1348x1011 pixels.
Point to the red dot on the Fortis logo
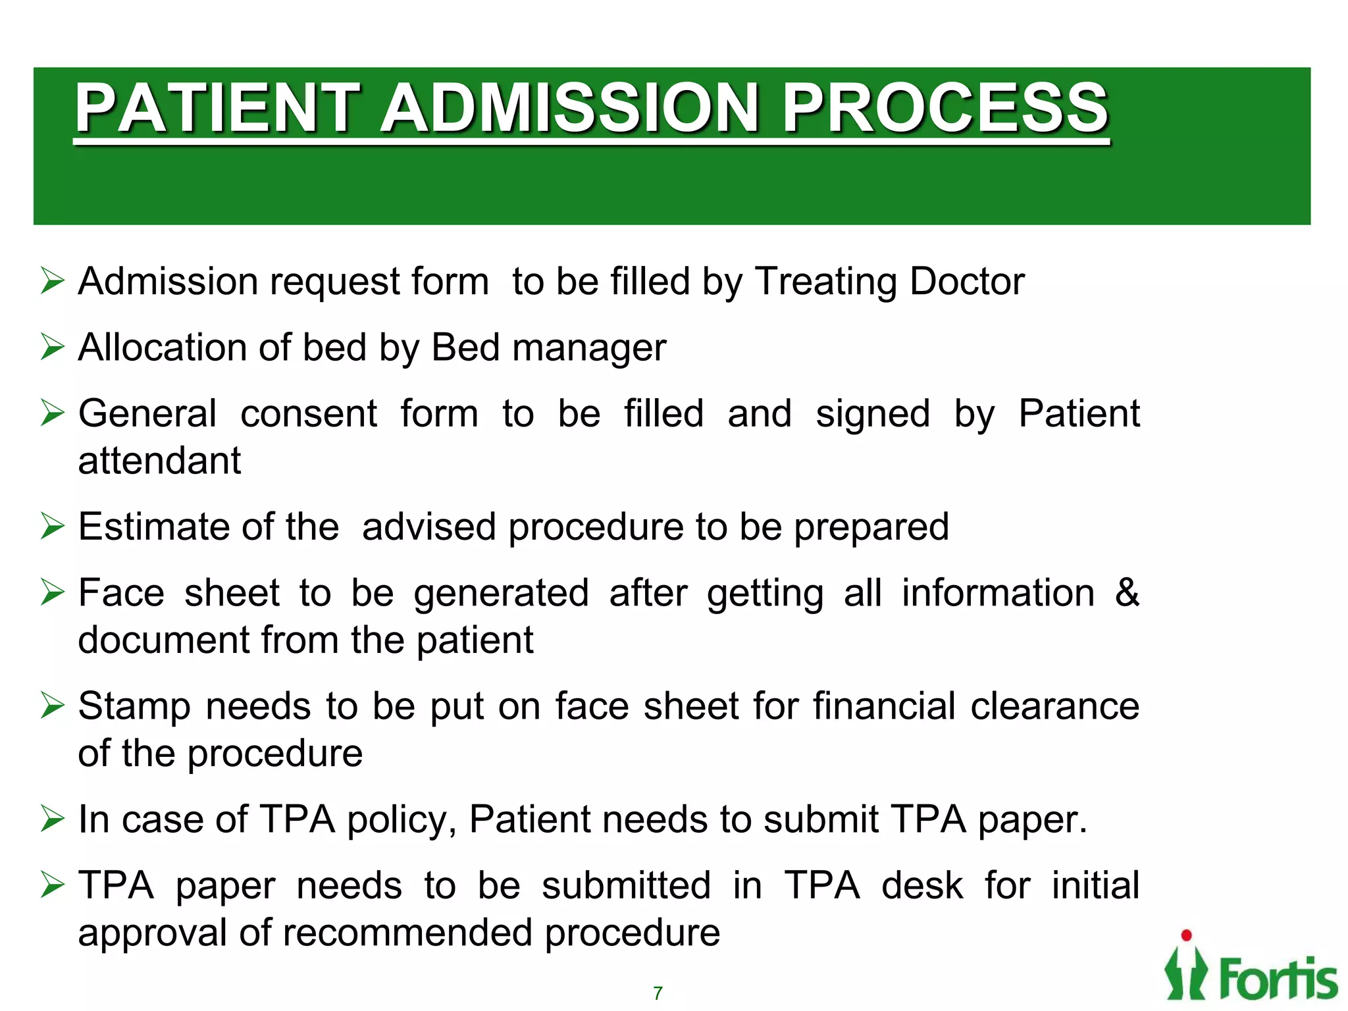pyautogui.click(x=1186, y=935)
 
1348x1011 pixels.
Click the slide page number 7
pyautogui.click(x=658, y=993)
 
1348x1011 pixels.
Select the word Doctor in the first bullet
pyautogui.click(x=967, y=282)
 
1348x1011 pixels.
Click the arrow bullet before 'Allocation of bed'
pyautogui.click(x=52, y=347)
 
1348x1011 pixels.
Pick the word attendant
pyautogui.click(x=159, y=460)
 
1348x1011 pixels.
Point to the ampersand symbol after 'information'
pyautogui.click(x=1126, y=592)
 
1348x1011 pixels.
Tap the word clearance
pyautogui.click(x=1054, y=706)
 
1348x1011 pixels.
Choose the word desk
pyautogui.click(x=922, y=885)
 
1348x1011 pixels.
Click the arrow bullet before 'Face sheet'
pyautogui.click(x=52, y=592)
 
